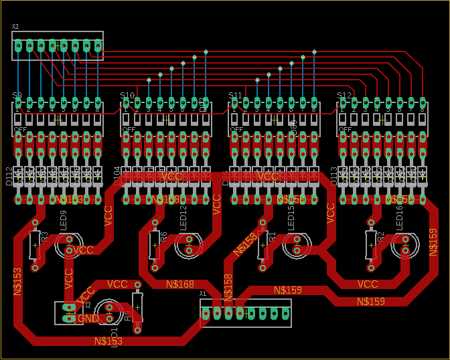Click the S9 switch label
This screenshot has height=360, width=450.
point(17,95)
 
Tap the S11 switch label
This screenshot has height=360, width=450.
point(234,95)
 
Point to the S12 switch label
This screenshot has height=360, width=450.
point(344,95)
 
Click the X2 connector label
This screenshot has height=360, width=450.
point(15,27)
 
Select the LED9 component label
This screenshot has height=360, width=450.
point(64,220)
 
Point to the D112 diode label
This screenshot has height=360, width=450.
point(8,176)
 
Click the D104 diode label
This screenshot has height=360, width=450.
point(117,176)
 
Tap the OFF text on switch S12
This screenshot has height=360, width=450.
point(346,129)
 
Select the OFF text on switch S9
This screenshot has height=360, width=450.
point(20,129)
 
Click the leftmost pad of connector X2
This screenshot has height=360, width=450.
point(19,46)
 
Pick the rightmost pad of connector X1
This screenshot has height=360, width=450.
point(285,312)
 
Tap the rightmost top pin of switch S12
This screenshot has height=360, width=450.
point(423,103)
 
